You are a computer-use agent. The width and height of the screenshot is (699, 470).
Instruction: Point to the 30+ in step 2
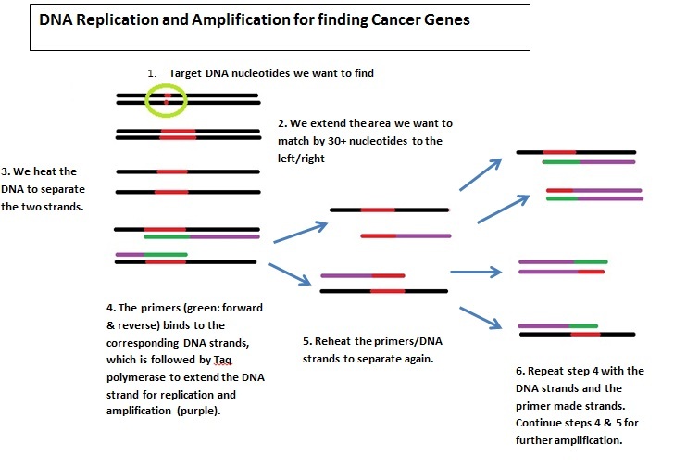tap(372, 141)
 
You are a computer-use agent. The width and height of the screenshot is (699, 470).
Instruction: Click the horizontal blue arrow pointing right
tap(475, 272)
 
